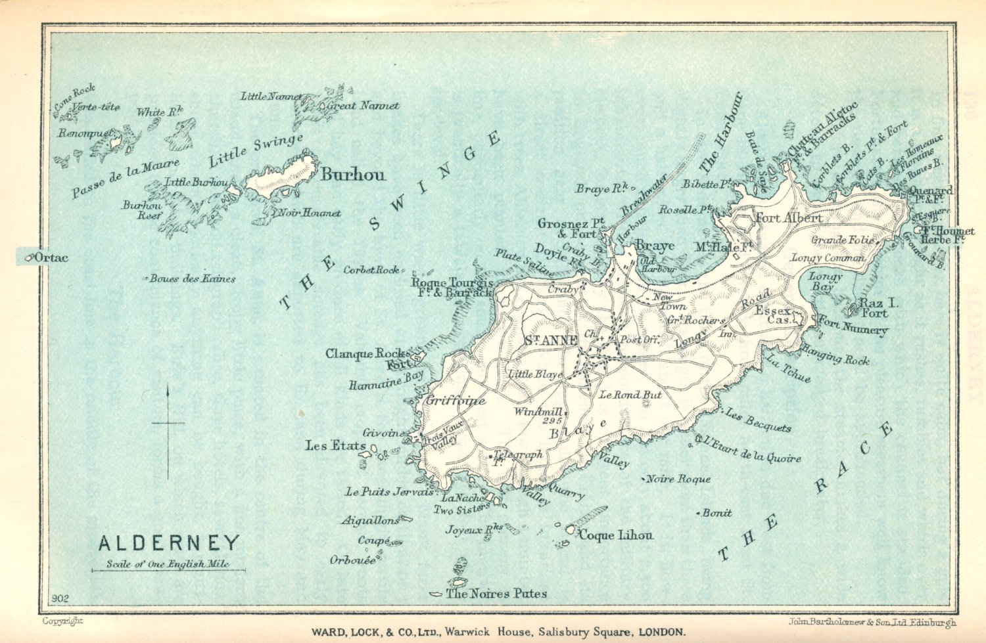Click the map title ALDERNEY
coord(169,543)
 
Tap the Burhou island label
coord(353,175)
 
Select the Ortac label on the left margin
coord(50,257)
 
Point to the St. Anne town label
coord(551,340)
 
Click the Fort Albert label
coord(788,217)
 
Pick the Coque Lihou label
coord(616,535)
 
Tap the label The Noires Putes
coord(496,594)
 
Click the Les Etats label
coord(335,445)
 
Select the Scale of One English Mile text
coord(168,564)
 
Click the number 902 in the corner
coord(59,598)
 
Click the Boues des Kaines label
coord(192,278)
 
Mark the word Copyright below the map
coord(62,621)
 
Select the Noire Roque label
coord(678,479)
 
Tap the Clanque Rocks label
coord(367,354)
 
